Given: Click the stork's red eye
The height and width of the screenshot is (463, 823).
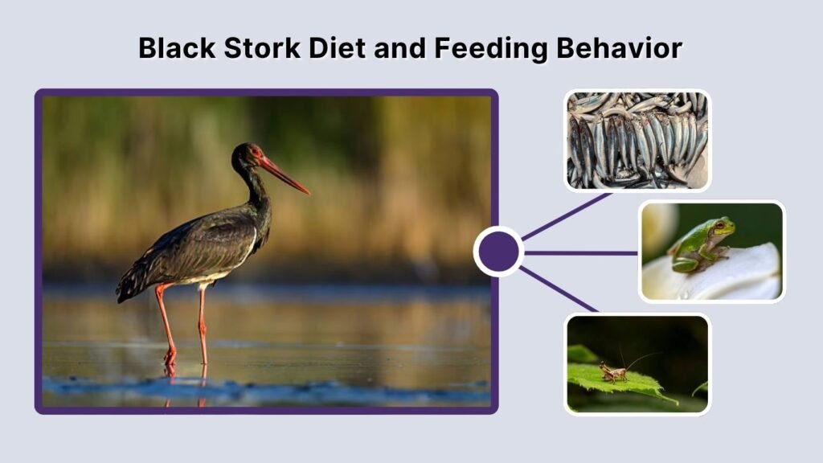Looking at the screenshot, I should pos(256,152).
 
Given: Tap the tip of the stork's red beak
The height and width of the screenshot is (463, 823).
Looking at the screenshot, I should pos(308,193).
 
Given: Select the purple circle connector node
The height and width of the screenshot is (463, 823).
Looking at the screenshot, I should pos(498,252).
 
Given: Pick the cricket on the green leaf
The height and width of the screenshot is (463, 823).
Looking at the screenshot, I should pos(614,371).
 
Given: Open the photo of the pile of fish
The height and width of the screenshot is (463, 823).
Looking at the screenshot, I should pos(637,140).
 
